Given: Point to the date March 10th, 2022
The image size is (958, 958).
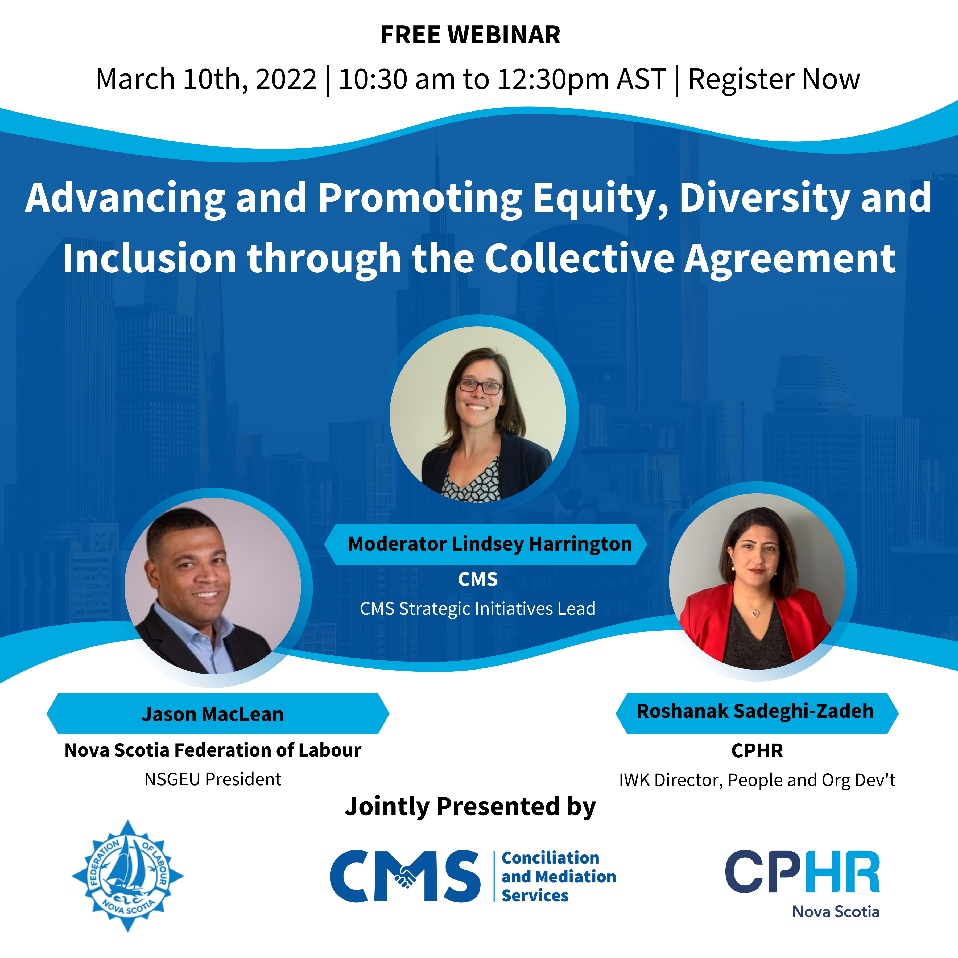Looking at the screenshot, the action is (206, 79).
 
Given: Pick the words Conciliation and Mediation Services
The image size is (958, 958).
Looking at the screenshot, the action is (559, 876).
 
